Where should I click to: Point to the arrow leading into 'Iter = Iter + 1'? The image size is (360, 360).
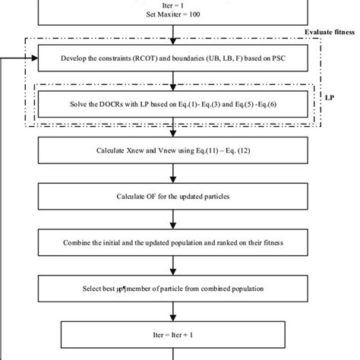175,313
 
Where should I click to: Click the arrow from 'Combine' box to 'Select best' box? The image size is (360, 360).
175,267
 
